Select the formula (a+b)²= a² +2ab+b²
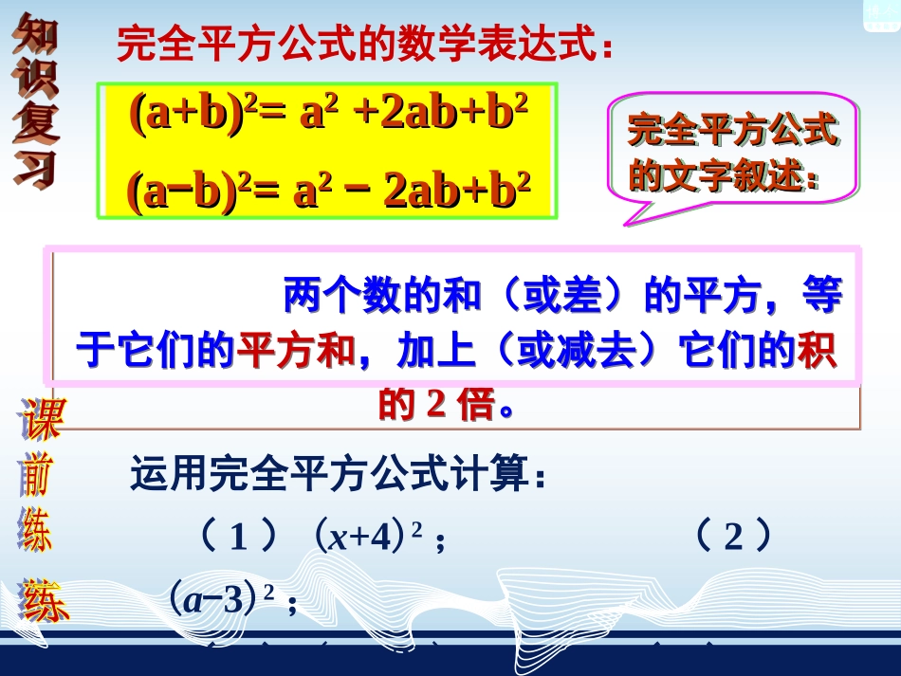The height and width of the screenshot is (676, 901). coord(327,116)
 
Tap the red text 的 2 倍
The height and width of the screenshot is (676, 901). coord(437,405)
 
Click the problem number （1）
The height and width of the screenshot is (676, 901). coord(238,539)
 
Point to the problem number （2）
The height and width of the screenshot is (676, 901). coord(732,539)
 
